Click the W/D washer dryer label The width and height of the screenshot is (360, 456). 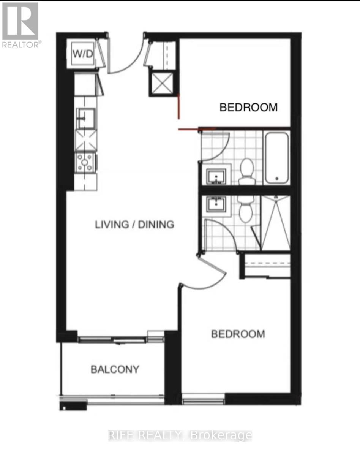pyautogui.click(x=83, y=54)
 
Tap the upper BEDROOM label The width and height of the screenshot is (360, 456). pyautogui.click(x=249, y=107)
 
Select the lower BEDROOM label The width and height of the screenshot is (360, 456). pyautogui.click(x=238, y=334)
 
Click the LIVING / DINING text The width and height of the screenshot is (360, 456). pyautogui.click(x=134, y=224)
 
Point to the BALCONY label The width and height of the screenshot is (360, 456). pyautogui.click(x=115, y=369)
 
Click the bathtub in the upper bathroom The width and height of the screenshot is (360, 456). pyautogui.click(x=277, y=157)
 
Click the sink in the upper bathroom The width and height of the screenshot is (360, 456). pyautogui.click(x=216, y=176)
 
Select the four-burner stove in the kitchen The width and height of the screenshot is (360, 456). pyautogui.click(x=85, y=162)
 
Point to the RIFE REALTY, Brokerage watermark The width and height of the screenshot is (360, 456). pyautogui.click(x=180, y=435)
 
